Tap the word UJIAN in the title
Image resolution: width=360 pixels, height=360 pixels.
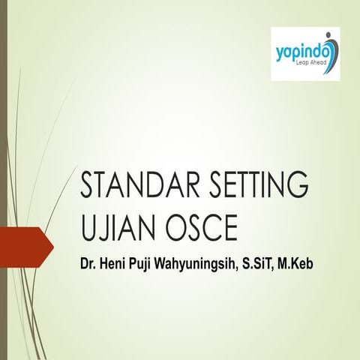111,227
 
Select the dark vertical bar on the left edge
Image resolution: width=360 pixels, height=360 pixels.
4,180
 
